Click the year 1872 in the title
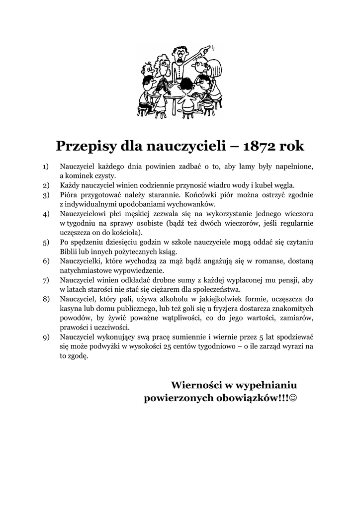click(258, 147)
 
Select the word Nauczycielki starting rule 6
click(81, 261)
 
